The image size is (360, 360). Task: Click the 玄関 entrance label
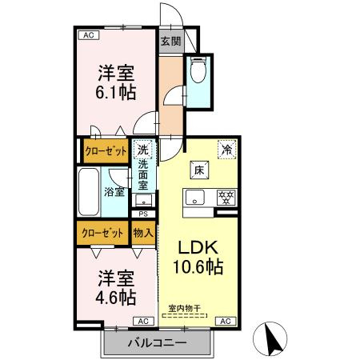170,42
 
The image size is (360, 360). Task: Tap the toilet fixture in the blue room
198,73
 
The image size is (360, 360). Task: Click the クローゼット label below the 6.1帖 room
106,150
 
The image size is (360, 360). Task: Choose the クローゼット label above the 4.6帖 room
103,234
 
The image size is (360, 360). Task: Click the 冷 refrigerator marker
227,149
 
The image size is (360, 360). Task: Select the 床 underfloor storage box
199,170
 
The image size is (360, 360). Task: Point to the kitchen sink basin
196,197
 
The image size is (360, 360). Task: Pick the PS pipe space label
143,214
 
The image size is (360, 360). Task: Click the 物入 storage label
143,234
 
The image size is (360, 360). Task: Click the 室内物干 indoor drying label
185,308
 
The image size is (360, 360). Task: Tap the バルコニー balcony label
157,343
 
